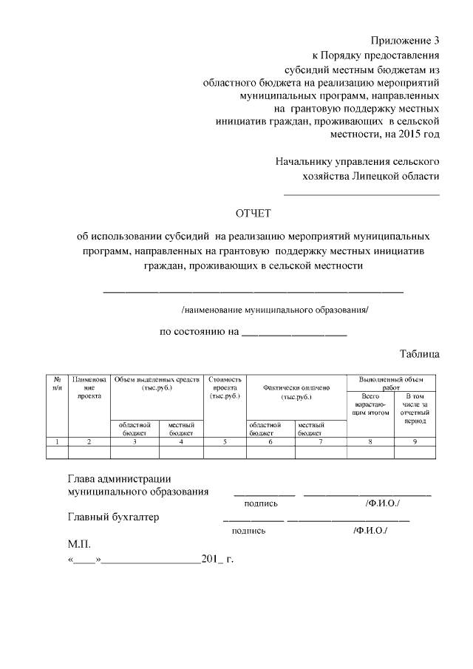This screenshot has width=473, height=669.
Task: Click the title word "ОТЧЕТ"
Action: [253, 214]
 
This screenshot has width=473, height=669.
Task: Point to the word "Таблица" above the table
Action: [419, 354]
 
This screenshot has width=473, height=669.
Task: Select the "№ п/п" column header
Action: [57, 383]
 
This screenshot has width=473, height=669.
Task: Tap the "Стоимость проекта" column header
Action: [225, 387]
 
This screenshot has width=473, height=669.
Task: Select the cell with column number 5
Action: [225, 441]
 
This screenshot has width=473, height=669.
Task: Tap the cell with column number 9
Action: [415, 441]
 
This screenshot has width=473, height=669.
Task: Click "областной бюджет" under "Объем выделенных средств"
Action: [135, 429]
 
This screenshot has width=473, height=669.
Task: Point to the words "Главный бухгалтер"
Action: [113, 517]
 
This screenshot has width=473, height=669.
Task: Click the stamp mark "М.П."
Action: [78, 544]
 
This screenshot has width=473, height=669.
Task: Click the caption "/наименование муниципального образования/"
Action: [274, 310]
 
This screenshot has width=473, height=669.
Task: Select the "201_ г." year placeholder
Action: [217, 559]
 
